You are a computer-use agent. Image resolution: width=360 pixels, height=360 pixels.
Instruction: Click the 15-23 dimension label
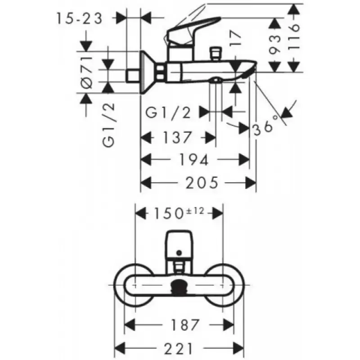pos(80,18)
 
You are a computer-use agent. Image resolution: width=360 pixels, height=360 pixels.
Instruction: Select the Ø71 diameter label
pos(87,72)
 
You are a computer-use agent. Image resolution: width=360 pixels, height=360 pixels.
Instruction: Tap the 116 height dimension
pos(294,37)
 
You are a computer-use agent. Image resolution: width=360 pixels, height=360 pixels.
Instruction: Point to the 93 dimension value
pos(275,45)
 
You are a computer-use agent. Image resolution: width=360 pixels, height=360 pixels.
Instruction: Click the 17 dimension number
pos(236,39)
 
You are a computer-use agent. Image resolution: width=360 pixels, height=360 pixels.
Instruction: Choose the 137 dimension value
pos(177,137)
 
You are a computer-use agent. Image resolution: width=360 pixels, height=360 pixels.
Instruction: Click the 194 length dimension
pos(194,160)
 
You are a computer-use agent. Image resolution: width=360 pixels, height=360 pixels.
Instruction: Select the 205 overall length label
pos(202,183)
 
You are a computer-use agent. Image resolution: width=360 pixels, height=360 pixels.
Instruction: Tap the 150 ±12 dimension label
pos(179,213)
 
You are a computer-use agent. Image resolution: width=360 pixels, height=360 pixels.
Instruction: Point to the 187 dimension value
pos(184,325)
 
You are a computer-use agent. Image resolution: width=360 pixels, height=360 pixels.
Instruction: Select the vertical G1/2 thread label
pos(108,125)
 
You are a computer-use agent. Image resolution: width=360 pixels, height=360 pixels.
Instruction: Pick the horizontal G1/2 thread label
pos(168,113)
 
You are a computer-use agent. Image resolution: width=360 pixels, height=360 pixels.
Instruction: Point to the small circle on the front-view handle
pos(179,253)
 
